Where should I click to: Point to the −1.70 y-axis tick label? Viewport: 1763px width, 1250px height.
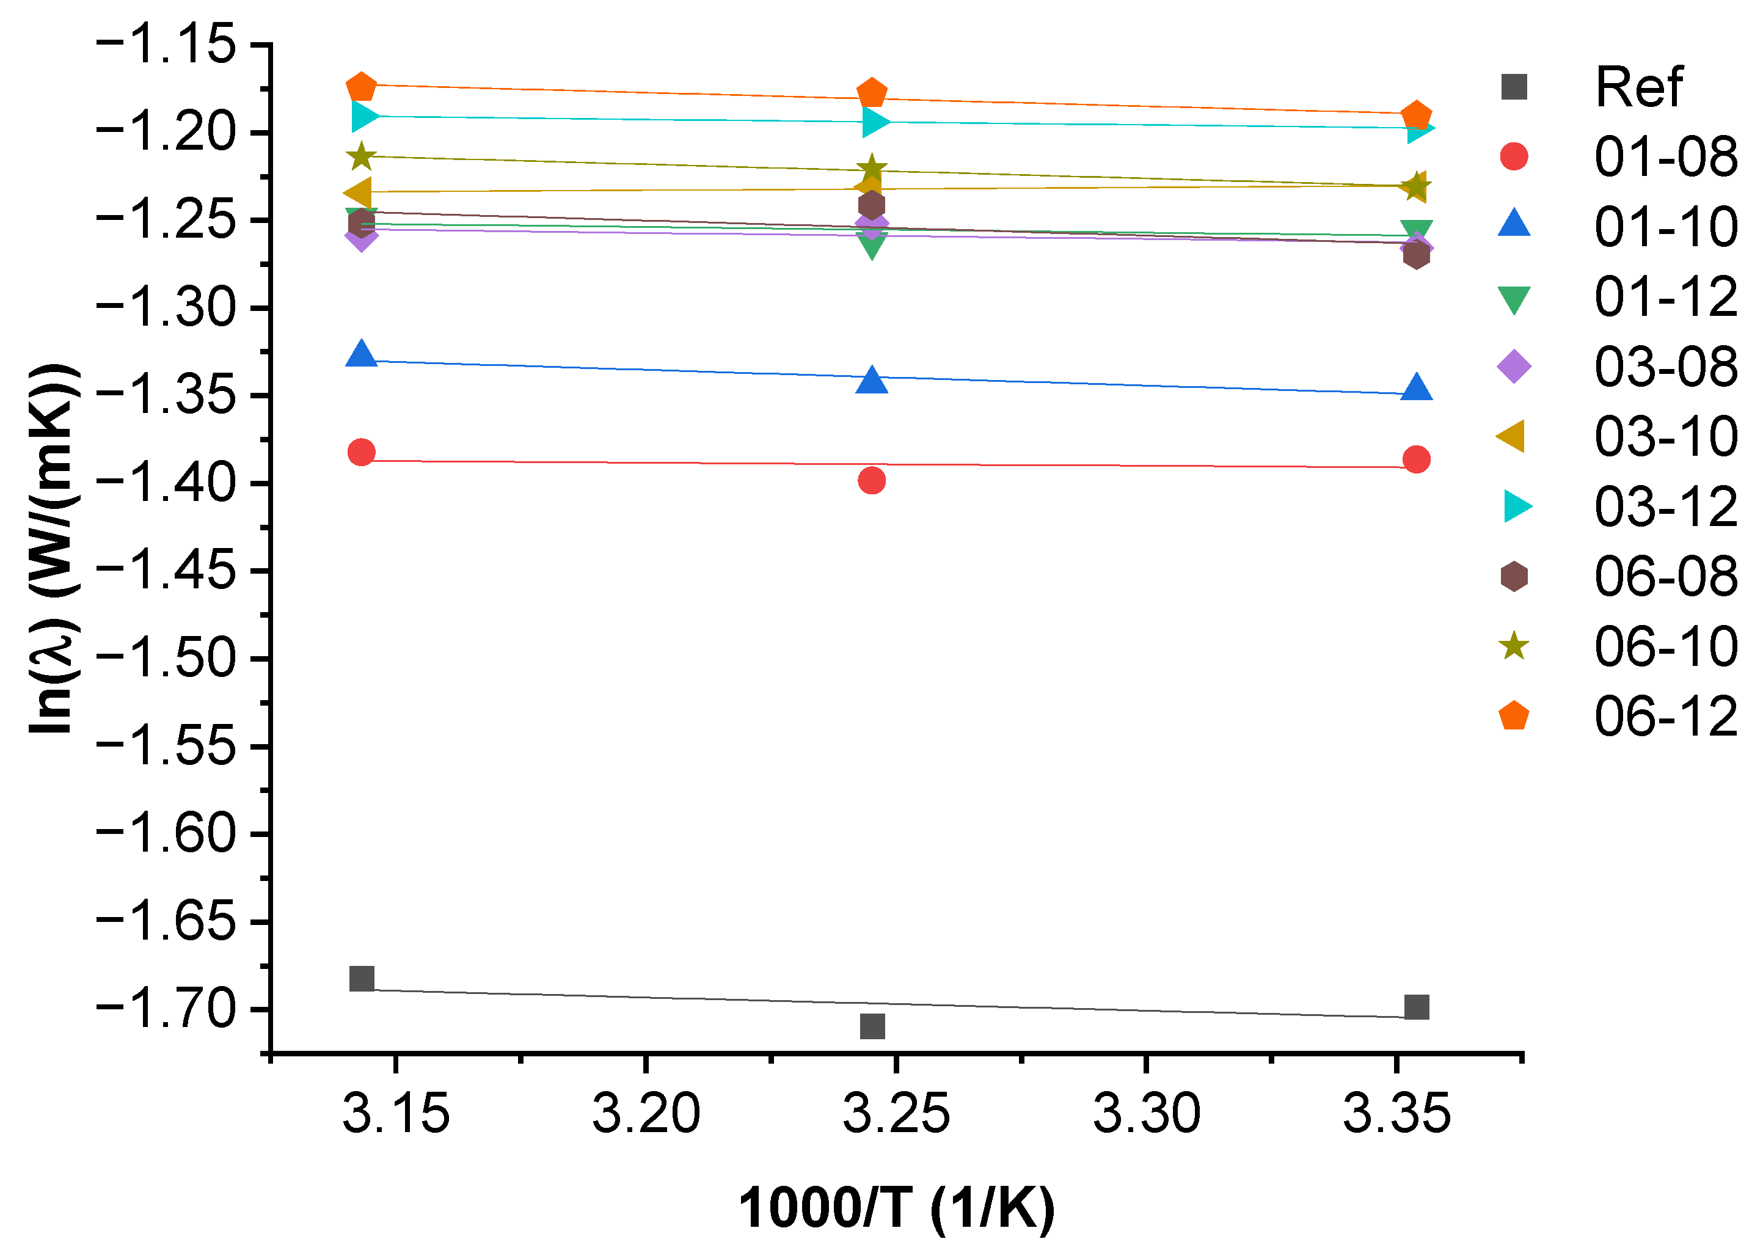click(166, 1009)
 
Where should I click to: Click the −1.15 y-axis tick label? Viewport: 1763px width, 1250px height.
click(166, 45)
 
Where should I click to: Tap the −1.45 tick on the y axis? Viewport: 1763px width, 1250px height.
click(166, 571)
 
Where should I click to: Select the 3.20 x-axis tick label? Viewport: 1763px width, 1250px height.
click(646, 1114)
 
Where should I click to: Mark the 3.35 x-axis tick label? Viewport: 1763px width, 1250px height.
click(1396, 1114)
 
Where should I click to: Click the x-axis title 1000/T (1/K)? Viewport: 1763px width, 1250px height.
click(897, 1208)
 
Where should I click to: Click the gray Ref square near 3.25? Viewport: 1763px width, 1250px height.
click(872, 1026)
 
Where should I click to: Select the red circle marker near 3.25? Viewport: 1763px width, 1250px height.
click(871, 481)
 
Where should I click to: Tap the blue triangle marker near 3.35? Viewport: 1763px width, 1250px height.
click(1416, 388)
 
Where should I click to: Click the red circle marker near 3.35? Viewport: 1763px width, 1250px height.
click(1416, 459)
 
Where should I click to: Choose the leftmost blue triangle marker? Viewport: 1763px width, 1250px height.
click(361, 354)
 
